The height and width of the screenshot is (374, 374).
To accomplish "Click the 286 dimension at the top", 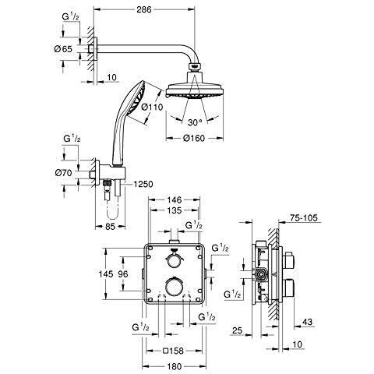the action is [144, 9].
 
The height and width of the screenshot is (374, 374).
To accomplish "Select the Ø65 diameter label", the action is [63, 49].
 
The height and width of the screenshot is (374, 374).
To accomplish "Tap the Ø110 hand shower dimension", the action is [153, 107].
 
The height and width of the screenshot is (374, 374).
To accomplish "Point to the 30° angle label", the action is [195, 122].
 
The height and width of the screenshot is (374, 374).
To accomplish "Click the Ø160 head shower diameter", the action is [194, 138].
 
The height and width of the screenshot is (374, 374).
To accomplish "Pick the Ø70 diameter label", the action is [63, 173].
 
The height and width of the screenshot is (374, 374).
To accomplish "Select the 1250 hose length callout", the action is [143, 184].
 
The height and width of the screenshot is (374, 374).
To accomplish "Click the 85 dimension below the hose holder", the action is [110, 227].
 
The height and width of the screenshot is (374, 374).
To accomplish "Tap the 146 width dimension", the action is [175, 199].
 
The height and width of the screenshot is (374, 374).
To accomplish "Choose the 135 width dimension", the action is [174, 210].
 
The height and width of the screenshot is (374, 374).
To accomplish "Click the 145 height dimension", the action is [106, 274].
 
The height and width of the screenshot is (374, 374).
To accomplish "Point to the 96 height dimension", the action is [123, 274].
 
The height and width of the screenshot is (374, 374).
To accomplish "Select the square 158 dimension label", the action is [174, 351].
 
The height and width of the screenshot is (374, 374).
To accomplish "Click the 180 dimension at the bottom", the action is [175, 366].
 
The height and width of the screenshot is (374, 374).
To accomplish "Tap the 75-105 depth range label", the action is [304, 218].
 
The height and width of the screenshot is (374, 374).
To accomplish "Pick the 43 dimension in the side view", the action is [307, 322].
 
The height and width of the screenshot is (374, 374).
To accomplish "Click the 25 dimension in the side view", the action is [237, 330].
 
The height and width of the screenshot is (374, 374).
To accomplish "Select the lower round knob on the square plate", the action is [174, 287].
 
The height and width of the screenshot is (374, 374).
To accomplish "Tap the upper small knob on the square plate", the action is [174, 259].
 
